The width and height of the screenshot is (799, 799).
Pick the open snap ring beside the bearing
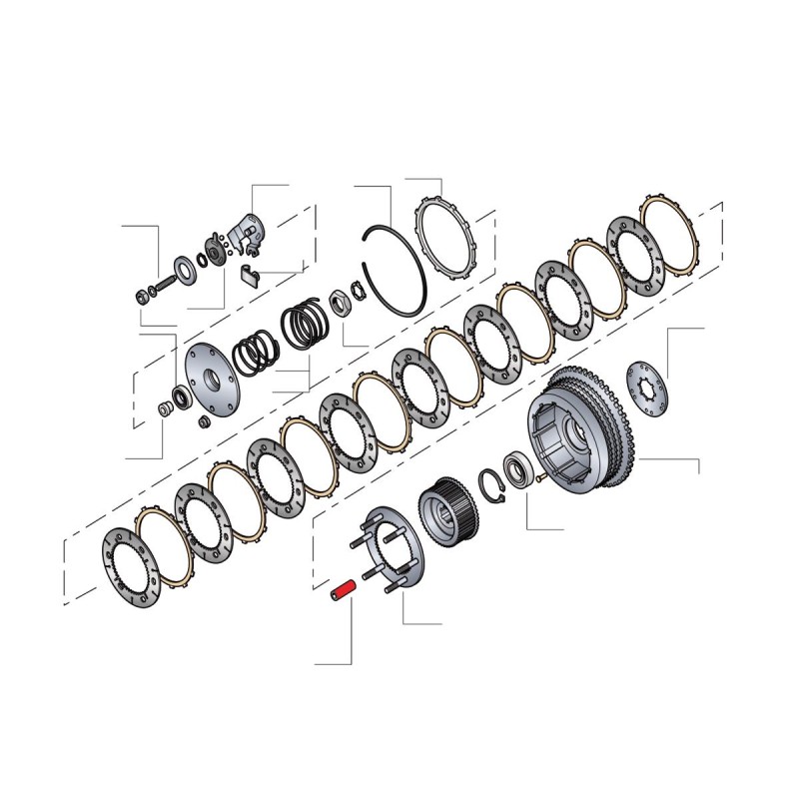(x=491, y=480)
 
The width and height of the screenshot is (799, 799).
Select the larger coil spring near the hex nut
(x=303, y=325)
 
